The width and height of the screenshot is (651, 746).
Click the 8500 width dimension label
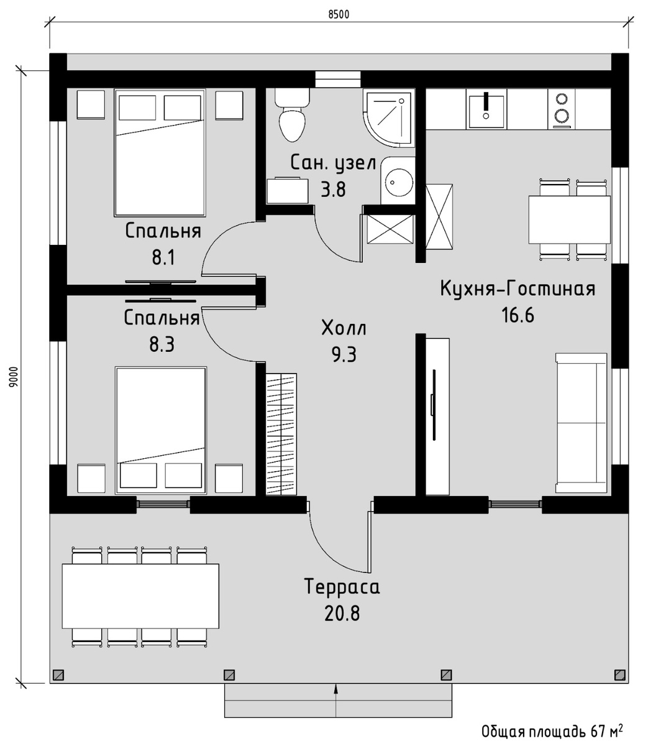339,14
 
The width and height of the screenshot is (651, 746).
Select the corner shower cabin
389,117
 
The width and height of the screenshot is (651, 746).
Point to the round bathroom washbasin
398,181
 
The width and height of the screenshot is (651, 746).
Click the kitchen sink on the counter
486,109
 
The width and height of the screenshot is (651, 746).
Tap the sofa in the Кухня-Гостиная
581,423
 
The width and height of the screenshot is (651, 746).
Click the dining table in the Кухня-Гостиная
570,219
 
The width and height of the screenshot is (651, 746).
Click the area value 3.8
333,190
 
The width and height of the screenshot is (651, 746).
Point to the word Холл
344,328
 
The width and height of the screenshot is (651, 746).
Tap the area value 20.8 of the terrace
342,614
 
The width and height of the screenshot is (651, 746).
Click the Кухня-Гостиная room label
518,288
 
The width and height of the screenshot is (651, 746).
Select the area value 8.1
163,258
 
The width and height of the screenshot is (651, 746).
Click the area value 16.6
518,315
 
